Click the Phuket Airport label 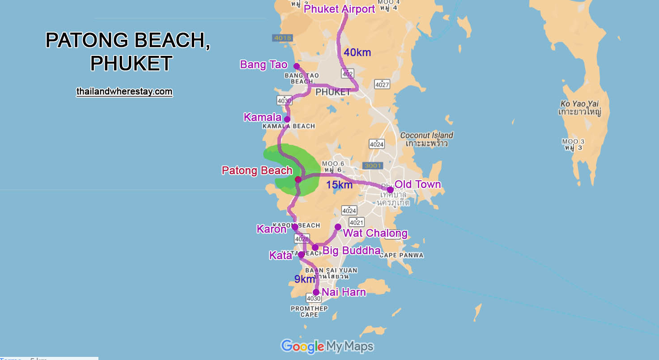(x=339, y=9)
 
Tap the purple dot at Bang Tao (x=296, y=66)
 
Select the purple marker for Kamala (x=287, y=119)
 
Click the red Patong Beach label (x=257, y=170)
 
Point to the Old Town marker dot (x=390, y=190)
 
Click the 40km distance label (x=357, y=52)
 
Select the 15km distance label (x=339, y=185)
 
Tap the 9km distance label (x=305, y=280)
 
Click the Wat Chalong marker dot (x=338, y=227)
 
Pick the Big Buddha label (x=352, y=250)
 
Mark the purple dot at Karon (x=295, y=227)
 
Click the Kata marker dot (x=301, y=254)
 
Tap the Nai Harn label (x=344, y=292)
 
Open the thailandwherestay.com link (x=124, y=91)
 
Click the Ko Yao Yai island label (x=580, y=107)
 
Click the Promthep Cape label (x=309, y=311)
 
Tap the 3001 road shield (x=373, y=165)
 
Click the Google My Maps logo (x=327, y=346)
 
